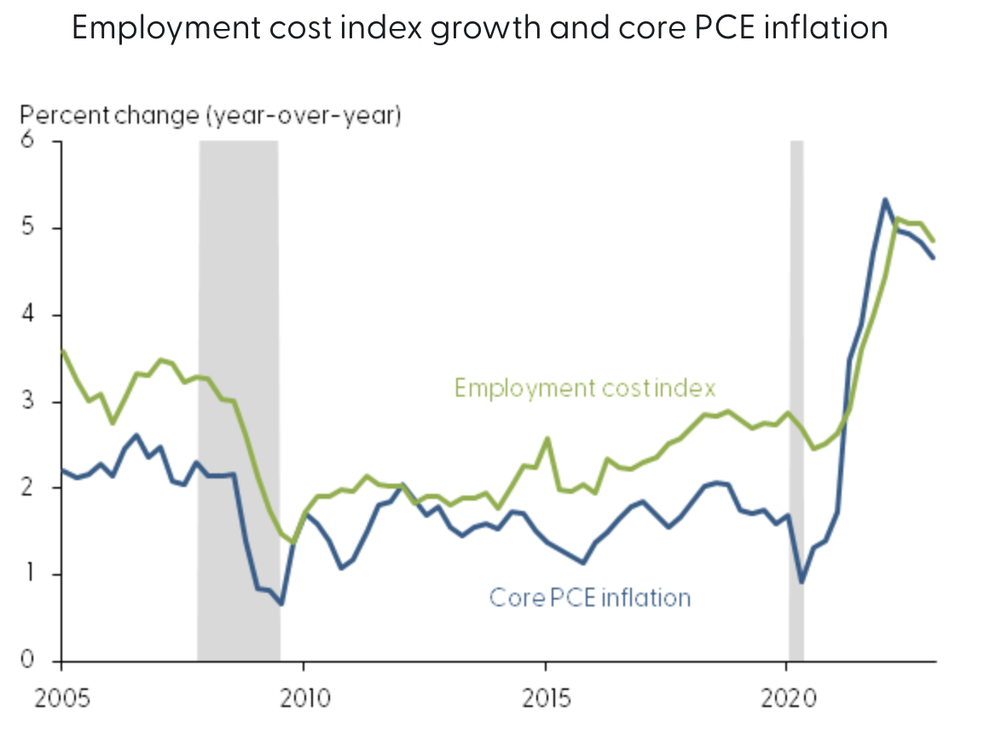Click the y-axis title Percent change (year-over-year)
(x=211, y=115)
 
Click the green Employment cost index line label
(x=585, y=388)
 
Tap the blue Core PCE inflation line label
(x=590, y=597)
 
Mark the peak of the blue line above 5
(x=885, y=200)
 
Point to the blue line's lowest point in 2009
(x=281, y=604)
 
